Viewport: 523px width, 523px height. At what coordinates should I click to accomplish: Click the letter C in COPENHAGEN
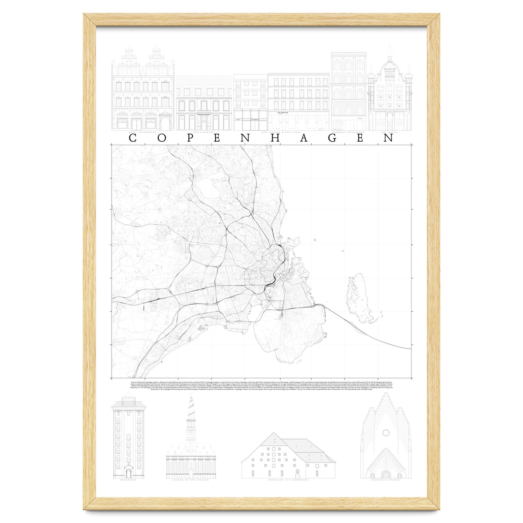(x=134, y=138)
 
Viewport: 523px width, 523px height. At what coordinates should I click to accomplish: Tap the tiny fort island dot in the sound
(x=314, y=239)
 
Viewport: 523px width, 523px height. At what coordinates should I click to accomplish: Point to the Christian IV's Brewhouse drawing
(x=288, y=455)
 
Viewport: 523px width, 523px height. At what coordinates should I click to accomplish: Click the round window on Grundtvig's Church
(x=386, y=433)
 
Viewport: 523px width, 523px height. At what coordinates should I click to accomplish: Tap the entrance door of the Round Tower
(x=129, y=472)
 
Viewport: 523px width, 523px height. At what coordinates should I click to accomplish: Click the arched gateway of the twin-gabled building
(x=166, y=122)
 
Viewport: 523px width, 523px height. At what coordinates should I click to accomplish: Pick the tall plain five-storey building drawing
(x=348, y=92)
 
